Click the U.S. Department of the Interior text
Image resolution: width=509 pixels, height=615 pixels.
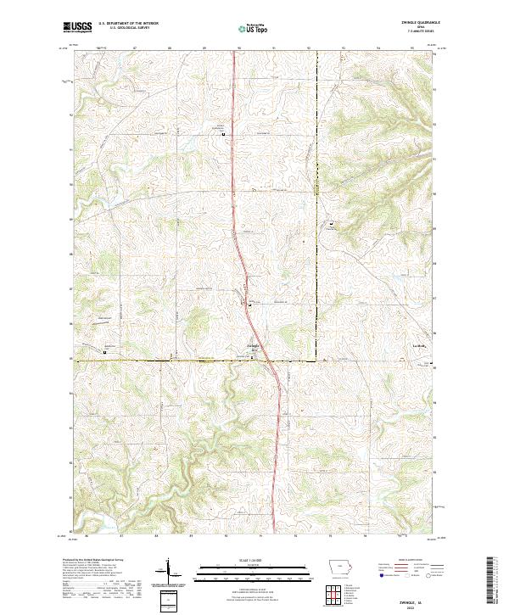[134, 24]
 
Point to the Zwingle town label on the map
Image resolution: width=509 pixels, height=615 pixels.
[253, 345]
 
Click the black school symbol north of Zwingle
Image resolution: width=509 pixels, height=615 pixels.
[224, 134]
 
